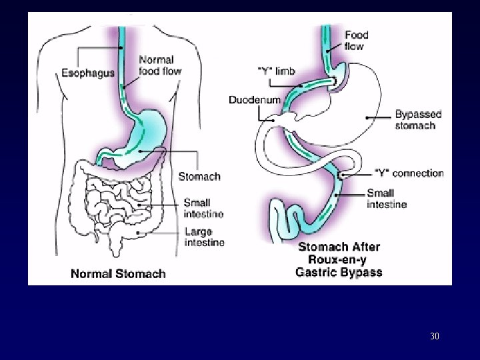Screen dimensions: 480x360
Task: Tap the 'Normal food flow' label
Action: tap(159, 65)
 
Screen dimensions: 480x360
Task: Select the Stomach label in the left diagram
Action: tap(199, 177)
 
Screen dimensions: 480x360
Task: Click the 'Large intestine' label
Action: tap(204, 237)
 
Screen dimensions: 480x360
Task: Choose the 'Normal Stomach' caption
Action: tap(118, 273)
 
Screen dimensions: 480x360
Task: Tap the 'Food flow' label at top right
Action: tap(356, 40)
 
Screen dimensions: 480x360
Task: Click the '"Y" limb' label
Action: tap(277, 71)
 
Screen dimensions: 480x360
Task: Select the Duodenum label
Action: tap(254, 100)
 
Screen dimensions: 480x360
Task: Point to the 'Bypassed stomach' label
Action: tap(419, 120)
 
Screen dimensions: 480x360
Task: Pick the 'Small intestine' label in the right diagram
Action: tap(387, 199)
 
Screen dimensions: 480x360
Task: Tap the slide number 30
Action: tap(435, 336)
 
